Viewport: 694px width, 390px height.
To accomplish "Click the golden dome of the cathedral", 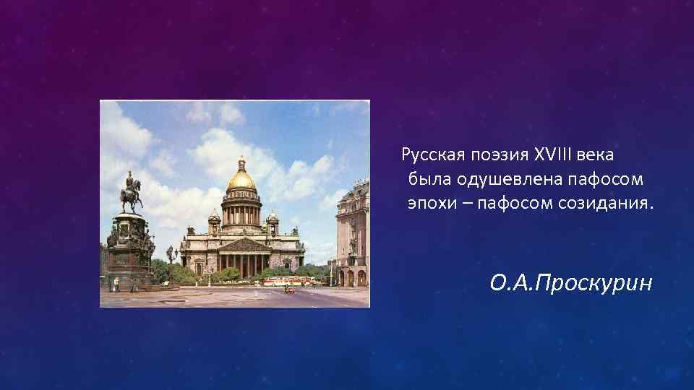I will [x=241, y=178].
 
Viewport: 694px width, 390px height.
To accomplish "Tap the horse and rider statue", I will [x=131, y=192].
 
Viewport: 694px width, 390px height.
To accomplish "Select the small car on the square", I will [x=289, y=290].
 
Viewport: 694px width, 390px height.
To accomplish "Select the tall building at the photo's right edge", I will [x=353, y=235].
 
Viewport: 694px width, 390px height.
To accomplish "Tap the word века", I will [x=597, y=154].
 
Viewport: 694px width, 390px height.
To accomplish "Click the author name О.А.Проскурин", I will [x=570, y=283].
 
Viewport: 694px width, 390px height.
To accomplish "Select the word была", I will [x=428, y=178].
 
